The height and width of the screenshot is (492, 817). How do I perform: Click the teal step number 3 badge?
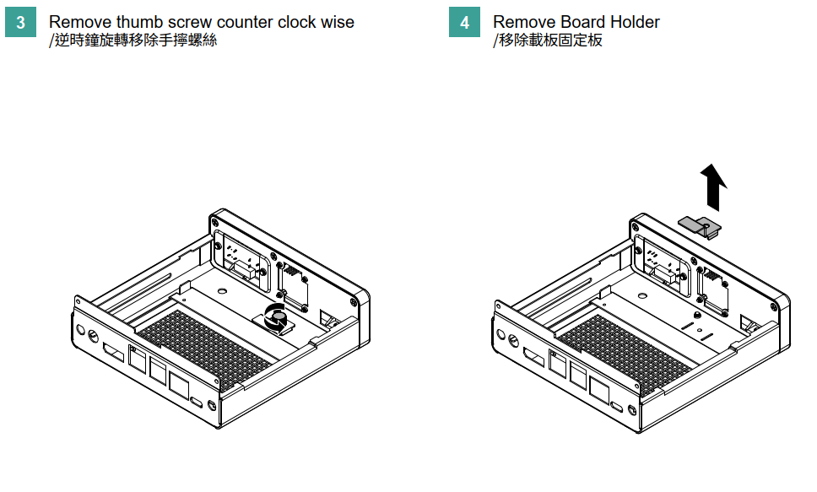(20, 23)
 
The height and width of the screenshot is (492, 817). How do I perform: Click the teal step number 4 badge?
(464, 23)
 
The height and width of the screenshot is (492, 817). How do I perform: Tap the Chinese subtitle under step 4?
(549, 40)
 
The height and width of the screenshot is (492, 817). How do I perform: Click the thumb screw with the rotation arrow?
(276, 316)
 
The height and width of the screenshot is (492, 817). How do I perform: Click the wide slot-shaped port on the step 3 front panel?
(111, 351)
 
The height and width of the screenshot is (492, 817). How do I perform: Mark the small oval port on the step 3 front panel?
(197, 402)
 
